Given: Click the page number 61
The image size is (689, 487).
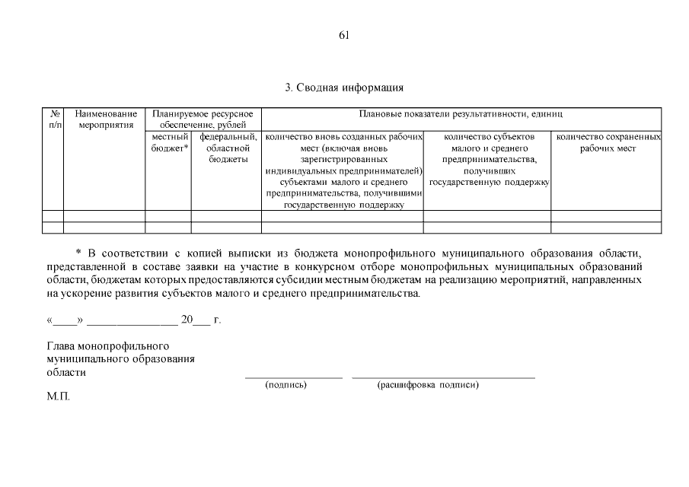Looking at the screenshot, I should tap(344, 35).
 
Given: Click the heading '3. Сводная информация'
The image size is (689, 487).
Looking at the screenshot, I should tap(344, 88).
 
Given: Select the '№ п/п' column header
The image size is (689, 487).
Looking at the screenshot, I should tap(53, 119).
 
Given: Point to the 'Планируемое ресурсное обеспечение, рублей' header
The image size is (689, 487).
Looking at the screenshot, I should tap(203, 119).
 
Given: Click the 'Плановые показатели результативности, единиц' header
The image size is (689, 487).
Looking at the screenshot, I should tap(461, 114).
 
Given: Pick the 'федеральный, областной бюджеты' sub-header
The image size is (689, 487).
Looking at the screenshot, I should tap(227, 148).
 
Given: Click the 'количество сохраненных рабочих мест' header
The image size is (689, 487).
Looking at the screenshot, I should tap(607, 143).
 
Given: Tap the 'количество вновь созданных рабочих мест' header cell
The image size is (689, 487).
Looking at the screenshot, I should tap(343, 171).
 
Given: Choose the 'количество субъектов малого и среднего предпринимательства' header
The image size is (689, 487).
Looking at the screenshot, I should tap(487, 160).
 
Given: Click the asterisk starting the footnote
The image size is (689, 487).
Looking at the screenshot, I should tap(79, 253).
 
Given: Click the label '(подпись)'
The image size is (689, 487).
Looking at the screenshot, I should tap(285, 385).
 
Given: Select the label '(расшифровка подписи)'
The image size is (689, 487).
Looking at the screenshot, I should tap(428, 385).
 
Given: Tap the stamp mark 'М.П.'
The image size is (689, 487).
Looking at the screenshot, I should tap(58, 396).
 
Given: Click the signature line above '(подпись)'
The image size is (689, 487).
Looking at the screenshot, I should tap(293, 377).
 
